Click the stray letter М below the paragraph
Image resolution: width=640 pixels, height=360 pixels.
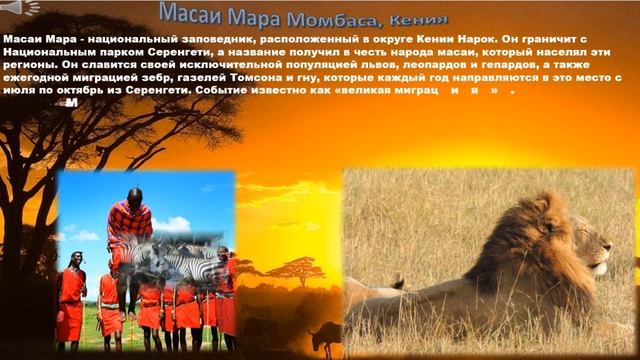click(x=69, y=102)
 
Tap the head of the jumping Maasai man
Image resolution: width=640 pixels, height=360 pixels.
click(x=133, y=195)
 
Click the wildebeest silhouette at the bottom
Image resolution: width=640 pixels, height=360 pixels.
click(x=325, y=338)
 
